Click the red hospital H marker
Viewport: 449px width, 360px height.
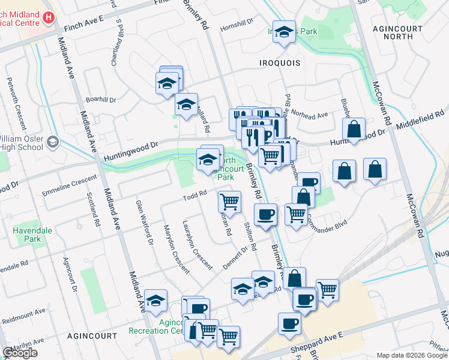(x=49, y=18)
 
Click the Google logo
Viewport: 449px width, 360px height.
(x=20, y=353)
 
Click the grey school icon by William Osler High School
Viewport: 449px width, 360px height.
(x=53, y=142)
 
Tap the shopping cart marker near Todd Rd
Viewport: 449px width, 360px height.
(x=229, y=201)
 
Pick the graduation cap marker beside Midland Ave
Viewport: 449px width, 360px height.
(x=155, y=301)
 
